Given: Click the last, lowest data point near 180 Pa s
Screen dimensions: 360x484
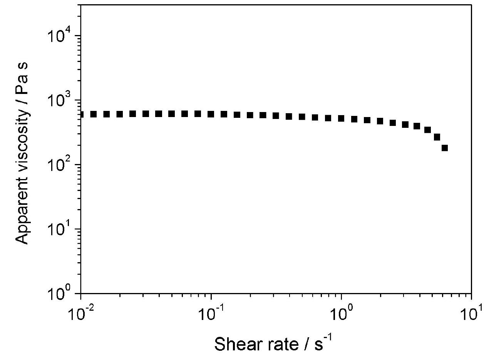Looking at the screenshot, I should tap(445, 148).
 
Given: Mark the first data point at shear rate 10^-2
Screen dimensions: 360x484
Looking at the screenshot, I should tap(81, 114).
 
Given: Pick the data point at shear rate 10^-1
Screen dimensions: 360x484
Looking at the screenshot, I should tap(211, 114).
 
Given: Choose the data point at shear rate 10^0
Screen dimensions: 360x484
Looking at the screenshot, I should tap(341, 119).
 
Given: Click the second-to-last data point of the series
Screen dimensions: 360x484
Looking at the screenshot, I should tap(437, 137).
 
